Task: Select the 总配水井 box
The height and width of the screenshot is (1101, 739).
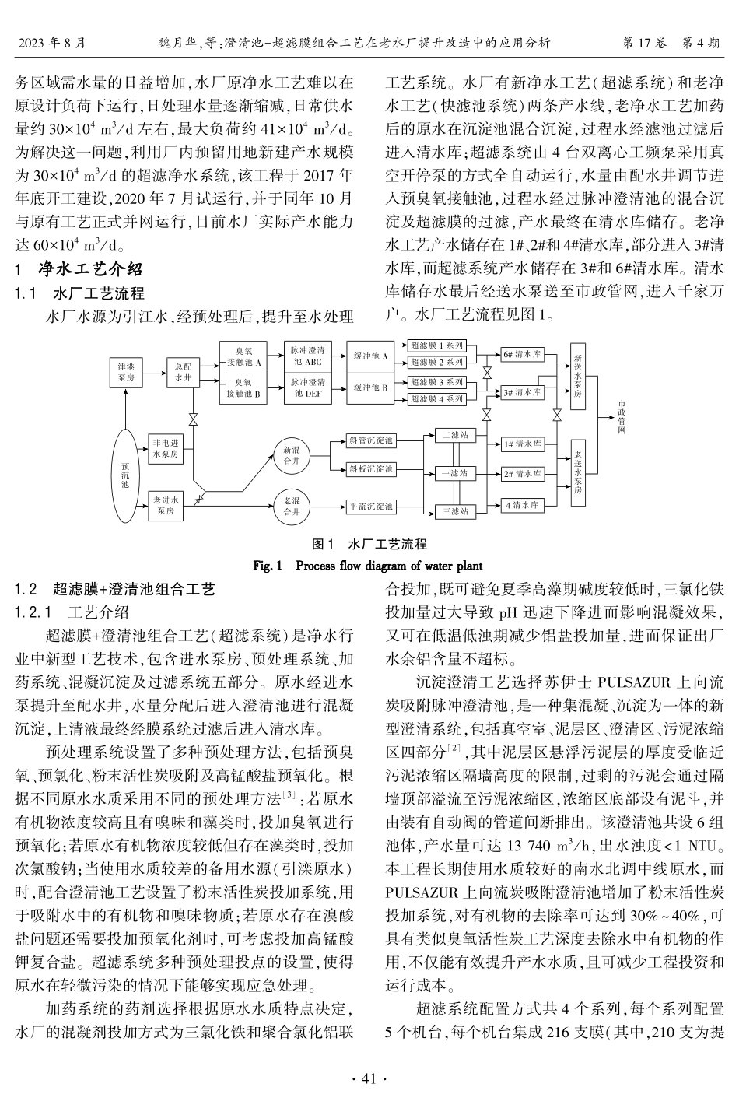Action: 183,372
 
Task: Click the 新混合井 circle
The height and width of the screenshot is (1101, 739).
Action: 290,455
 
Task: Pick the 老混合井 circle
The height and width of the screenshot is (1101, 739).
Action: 290,507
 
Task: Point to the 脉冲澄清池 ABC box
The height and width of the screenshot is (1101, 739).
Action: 306,356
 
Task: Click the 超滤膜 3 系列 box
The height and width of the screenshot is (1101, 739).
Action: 436,382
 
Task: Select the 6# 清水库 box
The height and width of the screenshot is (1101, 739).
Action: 521,354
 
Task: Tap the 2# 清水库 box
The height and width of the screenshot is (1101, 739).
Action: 521,473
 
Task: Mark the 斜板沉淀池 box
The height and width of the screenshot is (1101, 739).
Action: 371,469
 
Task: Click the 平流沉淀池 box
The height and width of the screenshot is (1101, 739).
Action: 371,507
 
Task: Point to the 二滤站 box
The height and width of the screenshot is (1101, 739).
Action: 455,436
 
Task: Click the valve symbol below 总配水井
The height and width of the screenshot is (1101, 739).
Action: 193,421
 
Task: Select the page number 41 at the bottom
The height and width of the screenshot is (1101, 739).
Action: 369,1078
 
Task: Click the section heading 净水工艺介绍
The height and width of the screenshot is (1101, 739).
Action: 91,270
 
